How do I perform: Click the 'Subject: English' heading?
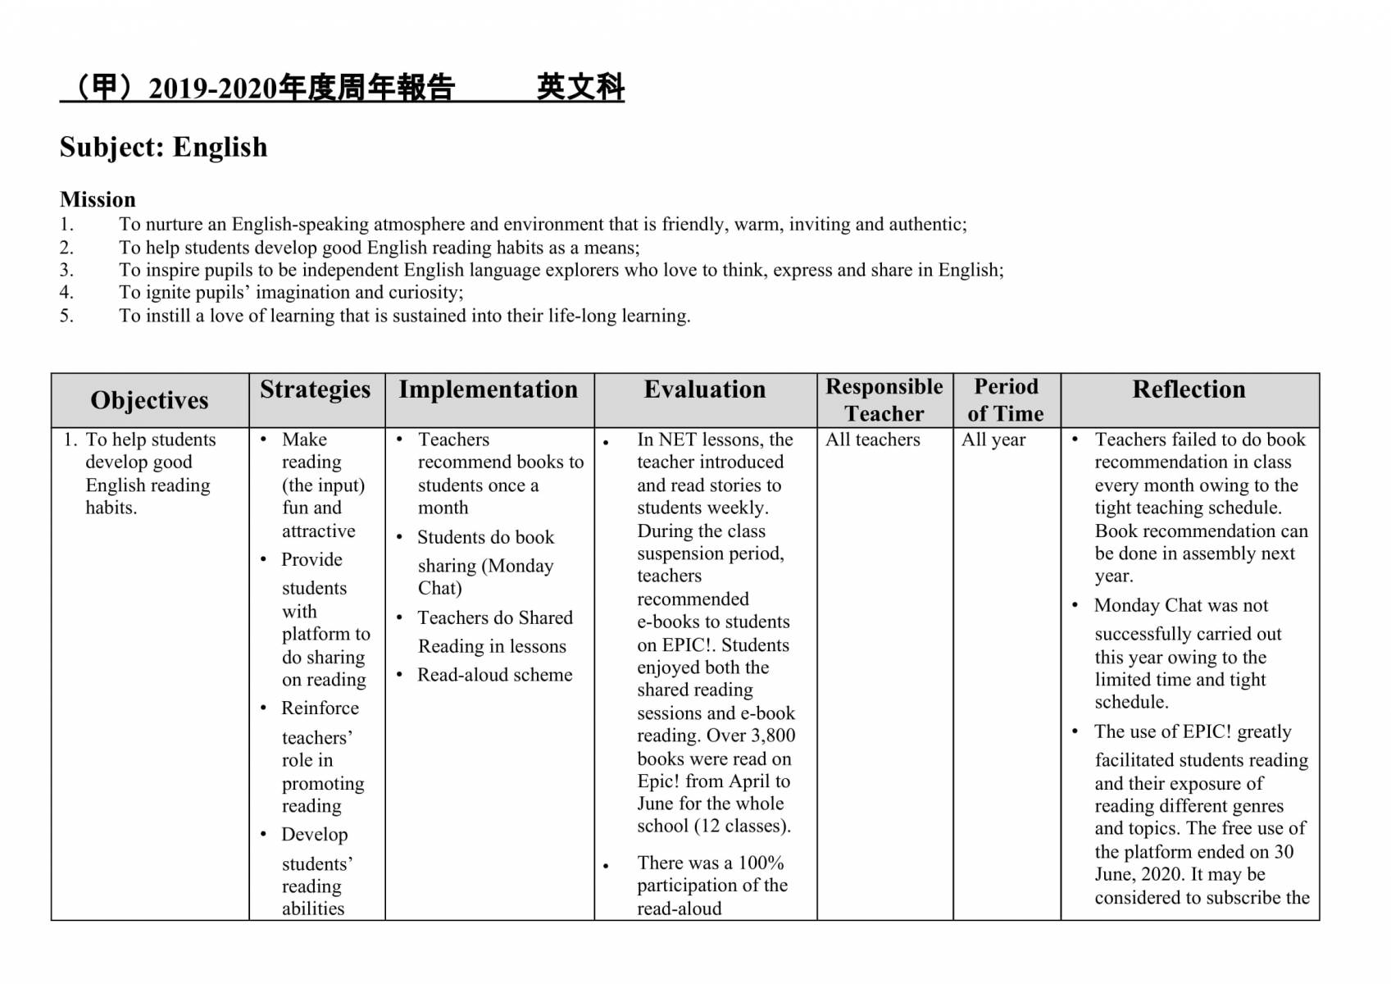163,148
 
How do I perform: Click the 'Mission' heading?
98,199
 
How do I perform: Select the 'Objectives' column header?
149,400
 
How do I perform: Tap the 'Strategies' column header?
316,389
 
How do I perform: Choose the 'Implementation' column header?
489,389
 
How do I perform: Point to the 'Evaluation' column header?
705,389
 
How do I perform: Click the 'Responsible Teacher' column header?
884,400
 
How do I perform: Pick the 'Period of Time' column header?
1006,400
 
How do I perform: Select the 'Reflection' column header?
1189,389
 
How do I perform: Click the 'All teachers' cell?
873,440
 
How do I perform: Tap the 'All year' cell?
993,440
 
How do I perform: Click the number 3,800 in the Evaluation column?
773,736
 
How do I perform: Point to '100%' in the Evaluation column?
761,863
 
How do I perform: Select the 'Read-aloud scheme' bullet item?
495,675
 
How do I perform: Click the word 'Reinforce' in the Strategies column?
320,708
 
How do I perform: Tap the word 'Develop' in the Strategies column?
315,834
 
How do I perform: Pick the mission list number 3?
66,270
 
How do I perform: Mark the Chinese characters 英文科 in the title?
580,87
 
